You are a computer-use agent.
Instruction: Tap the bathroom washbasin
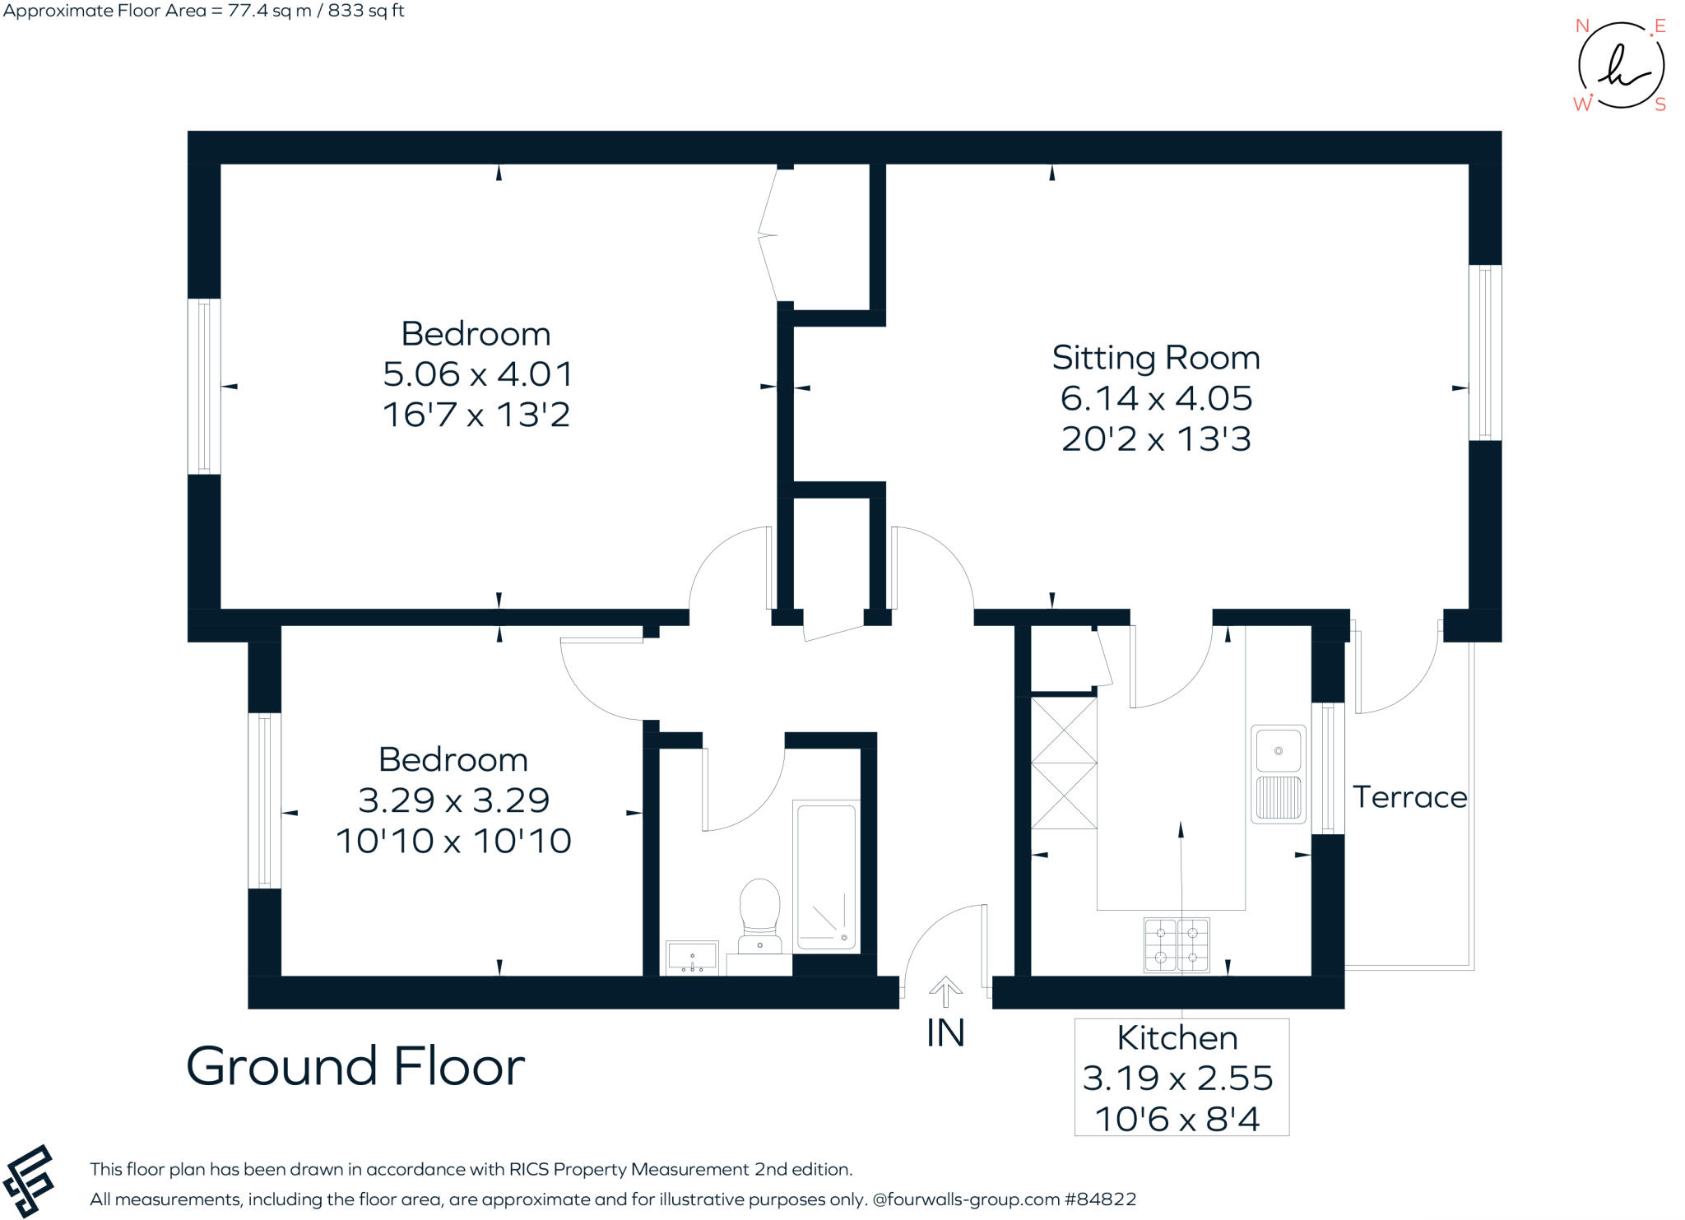coord(691,958)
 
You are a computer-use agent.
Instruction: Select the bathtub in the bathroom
coord(826,875)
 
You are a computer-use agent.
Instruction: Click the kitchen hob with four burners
coord(1177,944)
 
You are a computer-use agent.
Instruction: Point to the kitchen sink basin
coord(1278,750)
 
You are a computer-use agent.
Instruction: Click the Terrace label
coord(1409,797)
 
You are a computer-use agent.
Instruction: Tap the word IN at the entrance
coord(945,1034)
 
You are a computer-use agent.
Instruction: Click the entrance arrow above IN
coord(945,990)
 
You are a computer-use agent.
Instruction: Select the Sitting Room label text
coord(1155,358)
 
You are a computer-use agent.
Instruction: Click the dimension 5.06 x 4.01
coord(477,374)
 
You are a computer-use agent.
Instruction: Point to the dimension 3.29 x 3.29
coord(453,800)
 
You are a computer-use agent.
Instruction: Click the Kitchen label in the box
coord(1177,1038)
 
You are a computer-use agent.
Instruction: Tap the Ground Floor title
coord(355,1066)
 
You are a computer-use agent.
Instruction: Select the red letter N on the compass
coord(1581,26)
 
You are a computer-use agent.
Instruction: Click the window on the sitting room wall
coord(1484,352)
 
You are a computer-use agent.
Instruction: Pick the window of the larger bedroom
coord(204,386)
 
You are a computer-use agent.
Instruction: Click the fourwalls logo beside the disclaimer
coord(30,1181)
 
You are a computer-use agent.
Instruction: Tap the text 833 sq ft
coord(363,12)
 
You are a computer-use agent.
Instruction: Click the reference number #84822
coord(1100,1199)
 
